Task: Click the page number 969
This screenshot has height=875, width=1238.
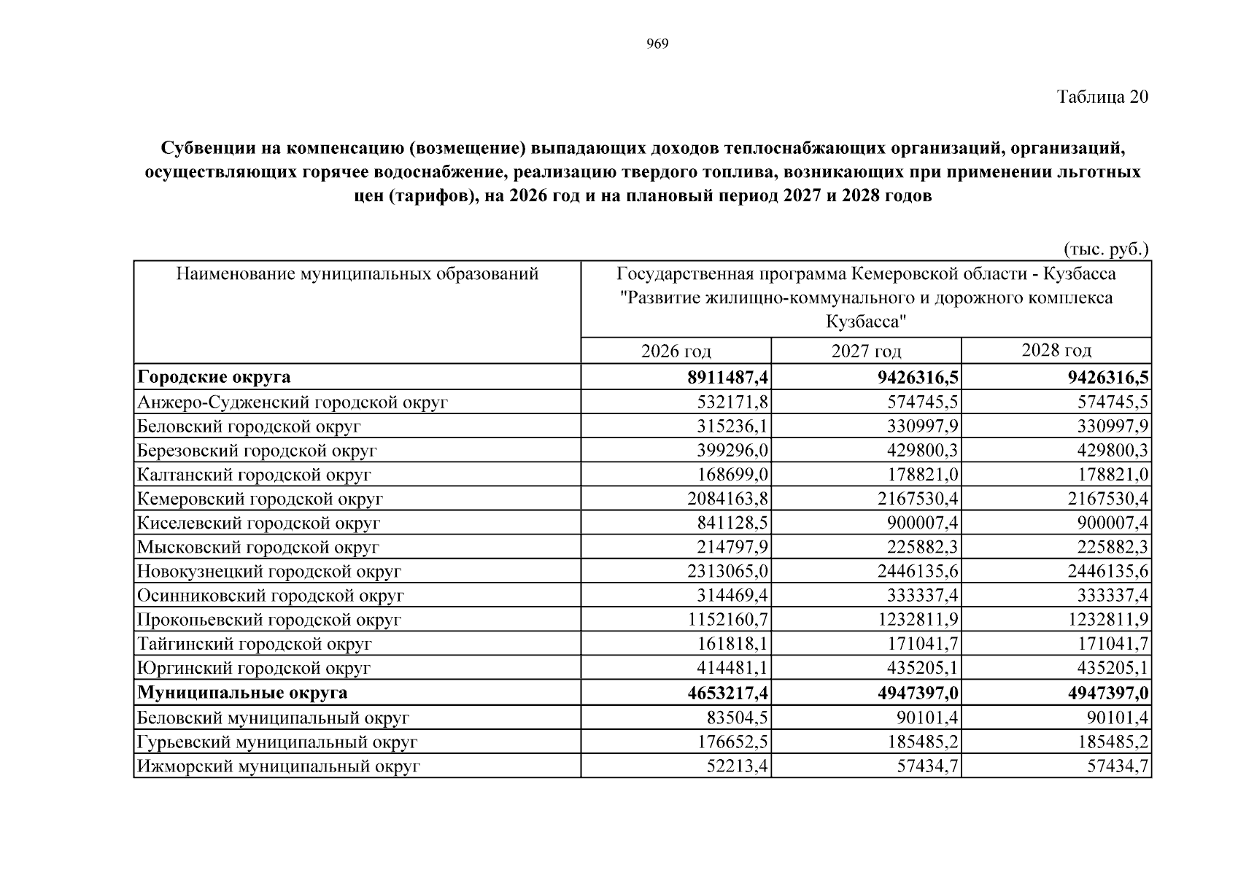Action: point(657,44)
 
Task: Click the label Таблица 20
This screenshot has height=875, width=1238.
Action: point(1102,97)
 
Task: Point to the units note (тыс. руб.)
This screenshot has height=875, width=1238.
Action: point(1106,249)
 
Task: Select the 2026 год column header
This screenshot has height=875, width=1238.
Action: point(676,351)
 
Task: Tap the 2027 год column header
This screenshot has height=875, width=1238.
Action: point(866,351)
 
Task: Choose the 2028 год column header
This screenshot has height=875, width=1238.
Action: point(1056,351)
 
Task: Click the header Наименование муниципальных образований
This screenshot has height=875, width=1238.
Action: point(357,274)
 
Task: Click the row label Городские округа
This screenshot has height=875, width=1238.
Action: point(214,377)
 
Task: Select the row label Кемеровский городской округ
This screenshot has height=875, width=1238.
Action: point(260,499)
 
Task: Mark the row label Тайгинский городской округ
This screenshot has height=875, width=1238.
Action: point(255,644)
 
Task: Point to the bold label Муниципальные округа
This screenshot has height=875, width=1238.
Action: point(242,692)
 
